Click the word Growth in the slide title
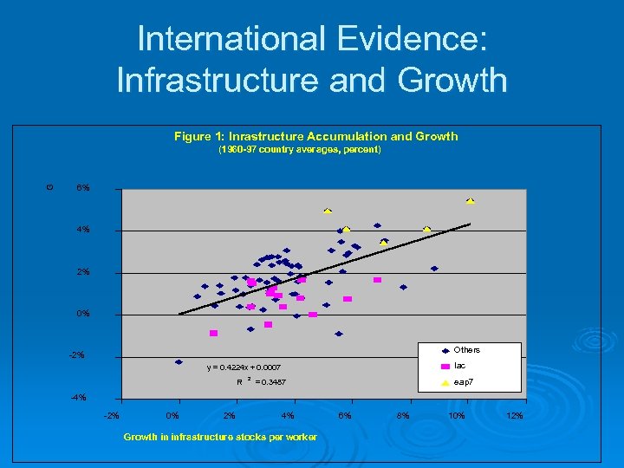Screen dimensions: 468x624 tap(453, 80)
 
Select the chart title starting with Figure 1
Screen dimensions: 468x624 tap(315, 136)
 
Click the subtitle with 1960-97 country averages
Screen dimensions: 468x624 tap(299, 150)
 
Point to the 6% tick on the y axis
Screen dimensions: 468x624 tap(82, 188)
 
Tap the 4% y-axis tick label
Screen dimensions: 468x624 tap(82, 231)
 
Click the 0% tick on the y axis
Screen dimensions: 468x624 tap(82, 314)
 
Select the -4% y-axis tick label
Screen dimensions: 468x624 tap(80, 398)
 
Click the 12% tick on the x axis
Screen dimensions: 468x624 tap(514, 416)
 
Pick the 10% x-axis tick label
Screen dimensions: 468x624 tap(457, 416)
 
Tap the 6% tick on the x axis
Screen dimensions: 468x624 tap(345, 416)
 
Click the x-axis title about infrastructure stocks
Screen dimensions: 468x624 tap(220, 437)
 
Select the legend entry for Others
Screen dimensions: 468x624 tap(466, 350)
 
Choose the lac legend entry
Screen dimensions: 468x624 tap(460, 366)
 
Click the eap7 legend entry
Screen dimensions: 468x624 tap(465, 381)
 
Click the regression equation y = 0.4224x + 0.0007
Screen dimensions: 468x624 tap(244, 367)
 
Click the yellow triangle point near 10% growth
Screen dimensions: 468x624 tap(470, 200)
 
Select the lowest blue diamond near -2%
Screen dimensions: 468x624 tap(179, 362)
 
